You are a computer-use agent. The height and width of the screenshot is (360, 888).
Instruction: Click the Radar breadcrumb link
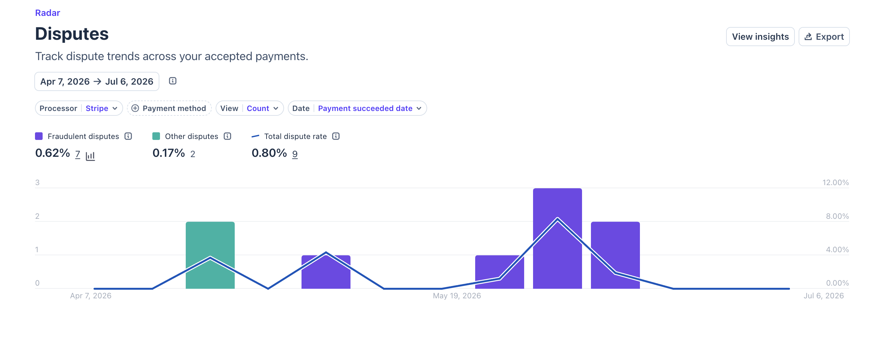[x=48, y=13]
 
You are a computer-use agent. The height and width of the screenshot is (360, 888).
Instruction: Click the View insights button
[x=760, y=37]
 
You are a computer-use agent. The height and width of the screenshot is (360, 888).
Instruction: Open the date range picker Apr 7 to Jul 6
[x=96, y=81]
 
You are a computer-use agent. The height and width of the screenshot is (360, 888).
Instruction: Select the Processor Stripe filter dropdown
[x=79, y=108]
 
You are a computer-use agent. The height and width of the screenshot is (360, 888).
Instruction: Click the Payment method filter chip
[x=169, y=108]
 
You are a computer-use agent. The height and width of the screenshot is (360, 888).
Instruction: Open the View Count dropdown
[x=250, y=108]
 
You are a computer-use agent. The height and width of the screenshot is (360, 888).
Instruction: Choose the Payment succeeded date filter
[x=357, y=108]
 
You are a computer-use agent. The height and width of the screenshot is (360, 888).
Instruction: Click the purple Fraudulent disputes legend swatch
[x=39, y=136]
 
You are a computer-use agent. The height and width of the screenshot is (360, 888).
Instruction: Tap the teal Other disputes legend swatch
[x=156, y=136]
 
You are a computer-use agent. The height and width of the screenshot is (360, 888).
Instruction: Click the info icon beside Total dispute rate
[x=336, y=136]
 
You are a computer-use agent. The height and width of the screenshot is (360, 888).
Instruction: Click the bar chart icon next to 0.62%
[x=90, y=156]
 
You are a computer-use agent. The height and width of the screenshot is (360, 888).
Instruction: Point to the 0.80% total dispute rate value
[x=269, y=153]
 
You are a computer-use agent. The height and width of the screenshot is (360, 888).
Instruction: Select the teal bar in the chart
[x=210, y=255]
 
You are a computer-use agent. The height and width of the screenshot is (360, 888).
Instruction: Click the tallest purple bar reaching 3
[x=558, y=238]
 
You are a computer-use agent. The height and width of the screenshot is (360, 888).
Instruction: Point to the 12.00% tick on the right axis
[x=835, y=183]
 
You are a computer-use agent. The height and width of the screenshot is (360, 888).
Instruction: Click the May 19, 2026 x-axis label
[x=457, y=295]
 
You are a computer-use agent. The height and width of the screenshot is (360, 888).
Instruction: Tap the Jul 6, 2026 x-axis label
[x=823, y=295]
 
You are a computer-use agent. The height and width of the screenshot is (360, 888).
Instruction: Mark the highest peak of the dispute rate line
[x=558, y=218]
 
